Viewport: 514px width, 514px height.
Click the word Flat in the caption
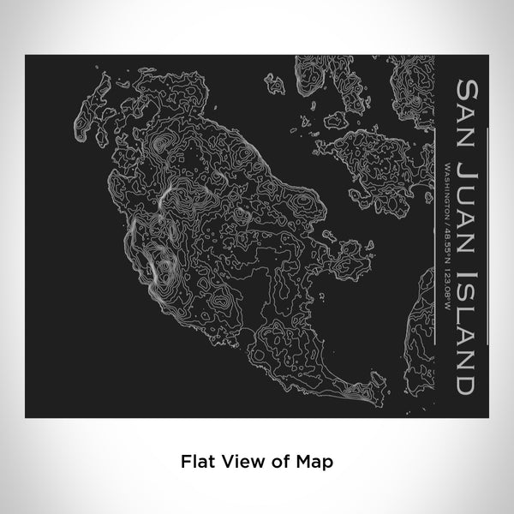pyautogui.click(x=194, y=461)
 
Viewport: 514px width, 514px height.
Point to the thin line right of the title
pyautogui.click(x=489, y=231)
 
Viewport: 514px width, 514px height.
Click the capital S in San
pyautogui.click(x=468, y=87)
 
